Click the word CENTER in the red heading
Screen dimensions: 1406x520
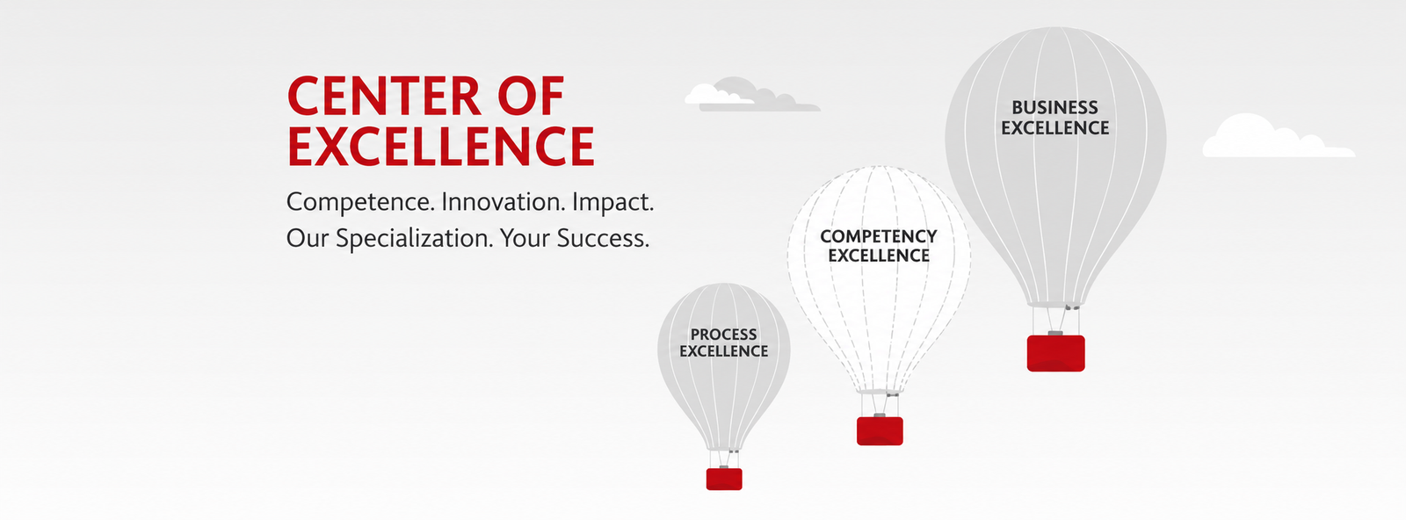(x=383, y=96)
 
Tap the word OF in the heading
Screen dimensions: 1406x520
(x=531, y=96)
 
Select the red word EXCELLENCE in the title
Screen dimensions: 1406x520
(x=440, y=146)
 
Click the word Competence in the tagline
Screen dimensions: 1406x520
(x=360, y=202)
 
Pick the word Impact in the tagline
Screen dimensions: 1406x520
(x=612, y=202)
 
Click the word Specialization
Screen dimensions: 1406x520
(x=414, y=238)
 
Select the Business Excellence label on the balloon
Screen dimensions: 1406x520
(x=1054, y=118)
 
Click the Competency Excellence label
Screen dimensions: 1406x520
(x=878, y=245)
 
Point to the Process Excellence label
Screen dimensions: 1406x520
(x=724, y=343)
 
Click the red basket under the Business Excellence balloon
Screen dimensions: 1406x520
(x=1055, y=352)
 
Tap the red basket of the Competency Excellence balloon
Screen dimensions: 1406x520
(x=880, y=430)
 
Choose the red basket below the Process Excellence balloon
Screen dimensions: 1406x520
(x=724, y=479)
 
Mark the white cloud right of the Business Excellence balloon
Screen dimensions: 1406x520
(x=1278, y=136)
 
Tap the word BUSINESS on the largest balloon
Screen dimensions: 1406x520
(x=1054, y=107)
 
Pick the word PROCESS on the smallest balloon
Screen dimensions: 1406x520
(x=724, y=335)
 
